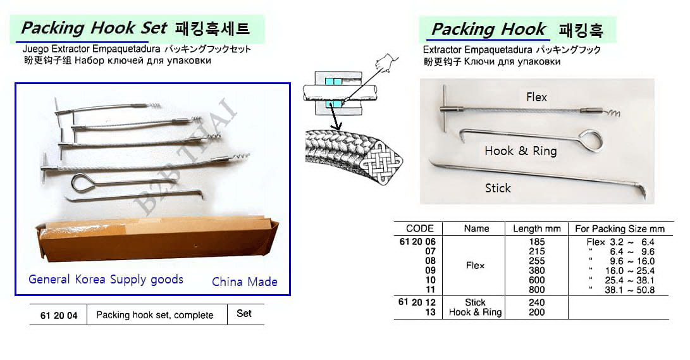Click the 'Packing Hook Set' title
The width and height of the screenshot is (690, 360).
point(94,28)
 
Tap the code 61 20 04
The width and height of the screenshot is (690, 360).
point(59,316)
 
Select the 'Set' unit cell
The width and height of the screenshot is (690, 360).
point(243,313)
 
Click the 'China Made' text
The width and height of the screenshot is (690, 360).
point(245,282)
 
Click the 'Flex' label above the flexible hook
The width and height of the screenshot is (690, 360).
point(536,97)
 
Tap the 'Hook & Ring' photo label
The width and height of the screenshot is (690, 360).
point(521,151)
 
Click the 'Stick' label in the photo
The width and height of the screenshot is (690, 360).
point(498,189)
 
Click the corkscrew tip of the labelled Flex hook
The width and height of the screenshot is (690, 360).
point(613,113)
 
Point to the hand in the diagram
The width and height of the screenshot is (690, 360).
point(385,63)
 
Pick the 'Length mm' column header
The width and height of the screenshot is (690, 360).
point(537,229)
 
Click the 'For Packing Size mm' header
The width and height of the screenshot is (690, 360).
point(620,229)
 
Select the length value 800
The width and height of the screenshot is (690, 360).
point(537,290)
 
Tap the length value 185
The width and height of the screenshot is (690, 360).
point(537,242)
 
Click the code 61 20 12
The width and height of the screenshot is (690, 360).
point(417,302)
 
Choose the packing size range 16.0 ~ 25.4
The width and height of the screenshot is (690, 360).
point(630,271)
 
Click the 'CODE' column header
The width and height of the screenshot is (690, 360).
point(420,228)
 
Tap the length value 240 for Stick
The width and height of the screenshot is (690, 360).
point(537,302)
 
